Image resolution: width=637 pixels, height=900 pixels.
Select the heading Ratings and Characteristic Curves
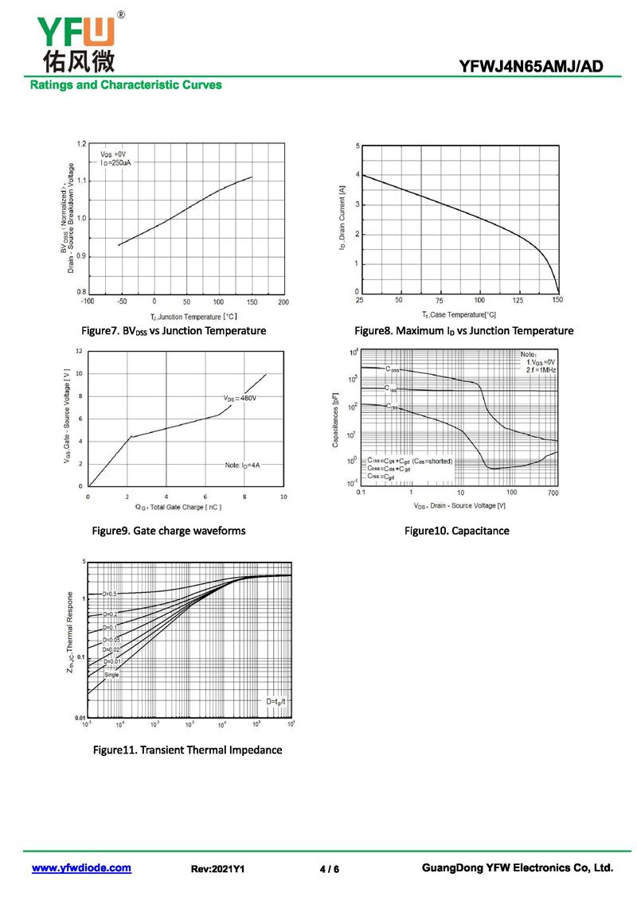pyautogui.click(x=126, y=85)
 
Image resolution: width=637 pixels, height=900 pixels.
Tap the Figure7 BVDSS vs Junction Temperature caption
pyautogui.click(x=174, y=330)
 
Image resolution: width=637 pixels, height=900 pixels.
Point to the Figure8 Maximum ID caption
pyautogui.click(x=463, y=330)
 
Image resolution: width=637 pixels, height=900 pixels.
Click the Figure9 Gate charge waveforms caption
pyautogui.click(x=169, y=531)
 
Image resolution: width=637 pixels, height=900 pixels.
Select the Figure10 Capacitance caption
pyautogui.click(x=456, y=531)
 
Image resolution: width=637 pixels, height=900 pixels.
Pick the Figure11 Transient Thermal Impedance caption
pyautogui.click(x=187, y=750)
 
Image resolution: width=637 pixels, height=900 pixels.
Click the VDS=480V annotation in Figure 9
pyautogui.click(x=240, y=397)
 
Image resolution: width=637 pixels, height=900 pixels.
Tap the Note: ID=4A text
pyautogui.click(x=243, y=464)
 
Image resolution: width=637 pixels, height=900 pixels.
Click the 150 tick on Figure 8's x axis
pyautogui.click(x=557, y=300)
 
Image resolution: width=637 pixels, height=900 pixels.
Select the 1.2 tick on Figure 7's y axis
pyautogui.click(x=81, y=144)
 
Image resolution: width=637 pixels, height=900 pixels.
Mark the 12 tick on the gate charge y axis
pyautogui.click(x=79, y=351)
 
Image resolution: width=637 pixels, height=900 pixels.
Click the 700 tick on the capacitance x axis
pyautogui.click(x=553, y=493)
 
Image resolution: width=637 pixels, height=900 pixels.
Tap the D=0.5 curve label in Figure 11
pyautogui.click(x=109, y=594)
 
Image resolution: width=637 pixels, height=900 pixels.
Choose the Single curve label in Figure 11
pyautogui.click(x=111, y=675)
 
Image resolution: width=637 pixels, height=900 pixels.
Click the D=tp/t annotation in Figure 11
pyautogui.click(x=276, y=701)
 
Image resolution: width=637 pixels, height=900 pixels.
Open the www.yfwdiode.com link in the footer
pyautogui.click(x=81, y=868)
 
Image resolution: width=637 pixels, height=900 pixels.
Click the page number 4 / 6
pyautogui.click(x=329, y=869)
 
